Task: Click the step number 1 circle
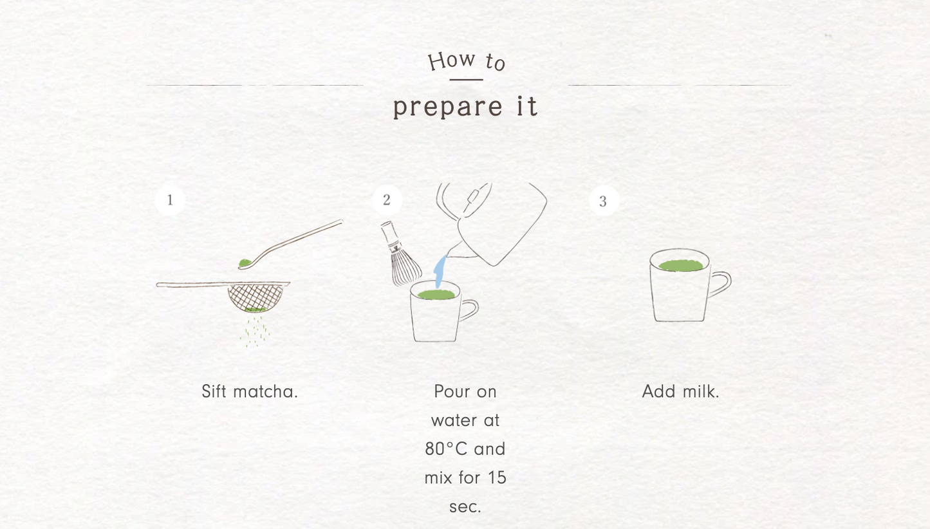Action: coord(170,200)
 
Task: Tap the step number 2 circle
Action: coord(387,200)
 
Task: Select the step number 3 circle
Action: coord(604,201)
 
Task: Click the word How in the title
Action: coord(452,60)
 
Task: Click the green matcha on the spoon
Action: coord(245,263)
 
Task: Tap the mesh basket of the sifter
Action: coord(256,297)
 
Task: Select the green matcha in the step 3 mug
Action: coord(681,266)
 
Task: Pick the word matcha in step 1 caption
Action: coord(266,391)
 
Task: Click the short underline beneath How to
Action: coord(466,80)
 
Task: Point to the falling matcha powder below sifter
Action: coord(255,331)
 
